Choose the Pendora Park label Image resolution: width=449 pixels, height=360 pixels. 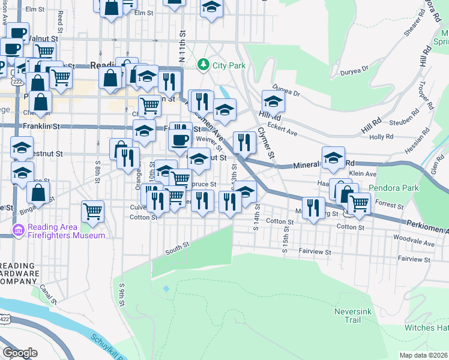pyautogui.click(x=393, y=188)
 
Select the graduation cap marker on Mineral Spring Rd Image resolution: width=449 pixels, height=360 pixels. pyautogui.click(x=333, y=157)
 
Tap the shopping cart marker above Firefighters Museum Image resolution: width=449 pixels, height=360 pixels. pyautogui.click(x=92, y=210)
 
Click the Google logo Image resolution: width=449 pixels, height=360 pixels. pyautogui.click(x=20, y=353)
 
